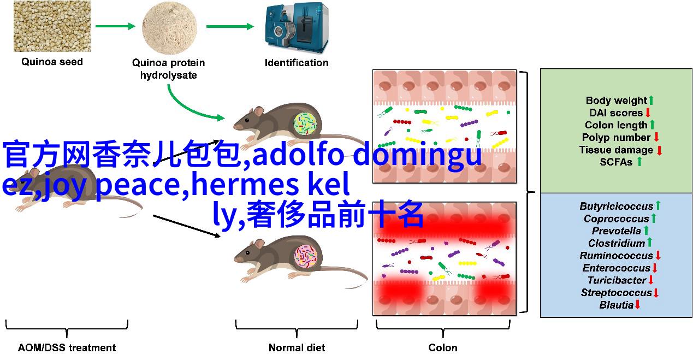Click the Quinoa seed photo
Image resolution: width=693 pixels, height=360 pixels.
click(x=52, y=26)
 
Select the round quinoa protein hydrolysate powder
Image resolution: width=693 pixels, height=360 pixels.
click(x=169, y=27)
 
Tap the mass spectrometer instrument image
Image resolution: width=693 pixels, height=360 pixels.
click(x=297, y=27)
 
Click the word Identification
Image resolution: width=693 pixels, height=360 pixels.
click(x=297, y=63)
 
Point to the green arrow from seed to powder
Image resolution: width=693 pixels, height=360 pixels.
click(x=115, y=26)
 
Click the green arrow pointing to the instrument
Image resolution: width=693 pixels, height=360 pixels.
click(x=230, y=26)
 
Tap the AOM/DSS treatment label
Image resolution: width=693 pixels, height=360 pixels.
click(x=67, y=347)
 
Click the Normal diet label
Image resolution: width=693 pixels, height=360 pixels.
click(x=297, y=347)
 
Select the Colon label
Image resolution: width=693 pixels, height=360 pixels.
click(x=443, y=347)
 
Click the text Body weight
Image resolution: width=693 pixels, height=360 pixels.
click(x=617, y=101)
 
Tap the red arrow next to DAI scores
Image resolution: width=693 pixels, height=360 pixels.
click(x=648, y=113)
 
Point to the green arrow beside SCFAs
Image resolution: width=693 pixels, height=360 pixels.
click(x=639, y=162)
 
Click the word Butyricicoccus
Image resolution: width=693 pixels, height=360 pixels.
click(x=617, y=206)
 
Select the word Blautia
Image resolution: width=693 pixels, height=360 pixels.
click(x=617, y=305)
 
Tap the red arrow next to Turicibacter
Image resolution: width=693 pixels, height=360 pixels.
click(x=651, y=280)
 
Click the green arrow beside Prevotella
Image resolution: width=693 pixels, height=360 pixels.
click(x=646, y=231)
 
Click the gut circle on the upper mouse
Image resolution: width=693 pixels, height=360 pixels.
click(x=305, y=124)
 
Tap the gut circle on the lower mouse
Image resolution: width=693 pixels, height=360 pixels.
click(x=306, y=256)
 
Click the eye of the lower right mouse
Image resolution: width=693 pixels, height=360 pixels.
click(x=247, y=253)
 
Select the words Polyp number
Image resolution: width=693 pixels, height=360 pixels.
click(x=617, y=137)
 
